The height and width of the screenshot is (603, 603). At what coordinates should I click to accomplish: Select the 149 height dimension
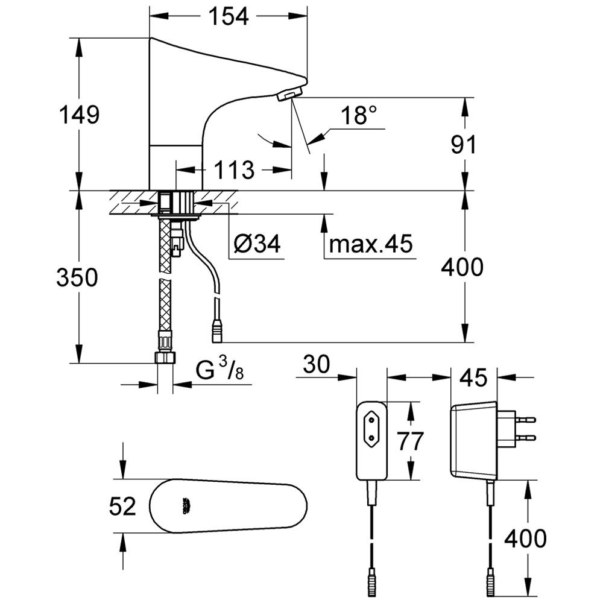point(78,114)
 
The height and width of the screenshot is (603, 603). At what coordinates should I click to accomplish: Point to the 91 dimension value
point(464,145)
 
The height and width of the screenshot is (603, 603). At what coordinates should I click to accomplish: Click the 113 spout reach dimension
point(235,170)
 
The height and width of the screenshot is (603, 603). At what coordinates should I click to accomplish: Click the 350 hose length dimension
point(77,277)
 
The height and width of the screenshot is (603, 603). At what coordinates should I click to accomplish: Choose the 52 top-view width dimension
point(122,507)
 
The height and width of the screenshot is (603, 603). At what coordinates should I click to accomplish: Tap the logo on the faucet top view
point(185,507)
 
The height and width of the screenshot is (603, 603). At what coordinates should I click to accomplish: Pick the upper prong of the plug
point(526,417)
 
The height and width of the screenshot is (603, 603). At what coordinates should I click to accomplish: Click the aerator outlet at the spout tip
point(289,94)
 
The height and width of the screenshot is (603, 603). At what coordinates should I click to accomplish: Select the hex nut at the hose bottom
point(165,357)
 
